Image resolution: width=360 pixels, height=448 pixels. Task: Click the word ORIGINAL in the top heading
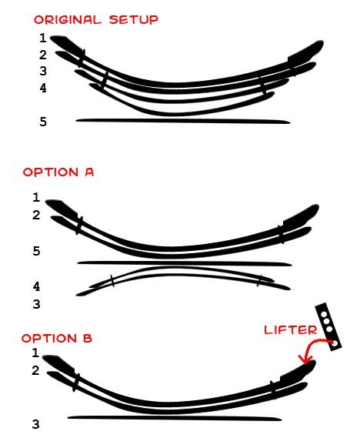[x=68, y=20]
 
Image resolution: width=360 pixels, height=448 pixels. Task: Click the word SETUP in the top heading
[x=134, y=20]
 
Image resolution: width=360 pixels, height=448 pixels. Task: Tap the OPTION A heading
[x=58, y=172]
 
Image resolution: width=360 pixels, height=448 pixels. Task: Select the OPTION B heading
[x=57, y=338]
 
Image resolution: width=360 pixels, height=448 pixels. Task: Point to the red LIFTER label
[x=291, y=330]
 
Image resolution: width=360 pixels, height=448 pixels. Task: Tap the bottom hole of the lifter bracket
[x=335, y=343]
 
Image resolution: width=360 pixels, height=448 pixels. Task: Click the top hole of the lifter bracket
[x=324, y=315]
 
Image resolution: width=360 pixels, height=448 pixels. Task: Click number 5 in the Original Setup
[x=43, y=122]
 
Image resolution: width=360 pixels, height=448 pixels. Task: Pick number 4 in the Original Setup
[x=43, y=88]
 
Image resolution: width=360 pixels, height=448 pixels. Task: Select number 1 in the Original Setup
[x=43, y=38]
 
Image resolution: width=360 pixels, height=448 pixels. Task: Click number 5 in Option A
[x=36, y=252]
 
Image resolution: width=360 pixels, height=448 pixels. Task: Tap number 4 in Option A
[x=36, y=286]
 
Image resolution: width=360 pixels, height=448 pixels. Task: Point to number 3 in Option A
[x=36, y=304]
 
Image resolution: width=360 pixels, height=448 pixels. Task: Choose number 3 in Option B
[x=35, y=424]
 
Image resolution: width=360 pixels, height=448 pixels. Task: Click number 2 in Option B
[x=35, y=370]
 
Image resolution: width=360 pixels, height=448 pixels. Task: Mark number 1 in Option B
[x=35, y=353]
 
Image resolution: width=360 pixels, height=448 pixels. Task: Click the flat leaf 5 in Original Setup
[x=183, y=121]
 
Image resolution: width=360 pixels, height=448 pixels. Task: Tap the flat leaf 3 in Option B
[x=175, y=418]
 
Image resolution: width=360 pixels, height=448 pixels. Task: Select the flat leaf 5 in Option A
[x=185, y=263]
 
